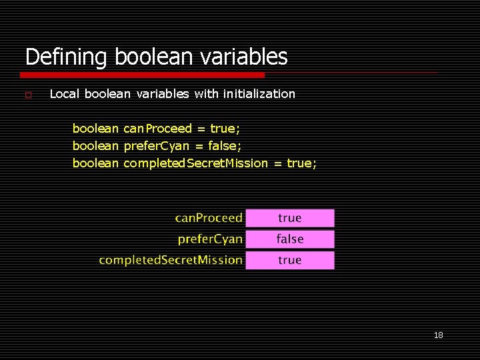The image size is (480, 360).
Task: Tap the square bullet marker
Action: (28, 95)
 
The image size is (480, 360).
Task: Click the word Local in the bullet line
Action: (64, 94)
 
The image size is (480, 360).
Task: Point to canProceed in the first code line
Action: (157, 129)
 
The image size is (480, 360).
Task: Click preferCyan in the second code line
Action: (157, 146)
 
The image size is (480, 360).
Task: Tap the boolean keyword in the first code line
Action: (95, 129)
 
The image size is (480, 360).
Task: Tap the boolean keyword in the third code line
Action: (95, 163)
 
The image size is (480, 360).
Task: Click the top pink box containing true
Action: (290, 218)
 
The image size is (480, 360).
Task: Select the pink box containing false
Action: (290, 239)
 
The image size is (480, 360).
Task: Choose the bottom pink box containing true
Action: (290, 260)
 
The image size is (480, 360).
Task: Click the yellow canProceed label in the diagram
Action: (209, 219)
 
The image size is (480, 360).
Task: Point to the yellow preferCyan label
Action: (210, 239)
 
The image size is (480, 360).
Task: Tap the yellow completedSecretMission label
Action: (171, 260)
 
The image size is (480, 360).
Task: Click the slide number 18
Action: (438, 335)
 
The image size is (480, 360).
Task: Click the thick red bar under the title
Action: (145, 74)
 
